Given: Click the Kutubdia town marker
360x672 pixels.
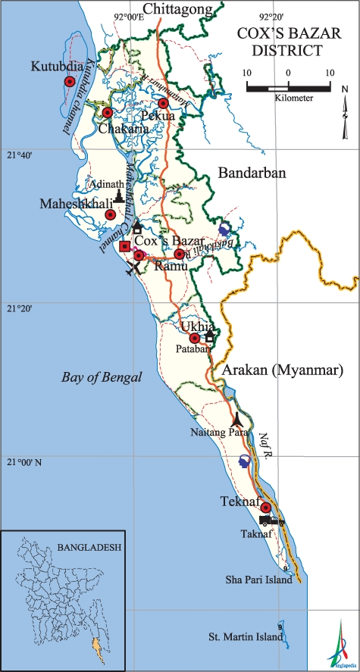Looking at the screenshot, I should click(x=69, y=82).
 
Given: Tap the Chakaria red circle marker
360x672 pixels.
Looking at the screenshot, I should click(x=107, y=113).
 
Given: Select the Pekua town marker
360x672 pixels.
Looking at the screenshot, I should click(x=163, y=104).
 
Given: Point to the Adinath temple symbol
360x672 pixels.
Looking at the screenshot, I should click(x=118, y=195).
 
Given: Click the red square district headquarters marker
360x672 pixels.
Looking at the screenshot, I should click(x=125, y=245).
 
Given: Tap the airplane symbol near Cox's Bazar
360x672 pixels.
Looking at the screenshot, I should click(x=134, y=268).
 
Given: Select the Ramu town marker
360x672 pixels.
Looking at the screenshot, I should click(x=179, y=255).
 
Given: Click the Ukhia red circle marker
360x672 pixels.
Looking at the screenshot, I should click(x=194, y=338).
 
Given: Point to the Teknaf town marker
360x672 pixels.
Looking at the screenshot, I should click(x=265, y=508).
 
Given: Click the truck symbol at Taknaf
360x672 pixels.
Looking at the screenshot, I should click(x=271, y=520).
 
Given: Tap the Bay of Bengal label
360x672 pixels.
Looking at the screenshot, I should click(x=101, y=377).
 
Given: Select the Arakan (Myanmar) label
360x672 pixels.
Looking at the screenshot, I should click(x=284, y=371).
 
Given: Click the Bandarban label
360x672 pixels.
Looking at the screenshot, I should click(x=252, y=173).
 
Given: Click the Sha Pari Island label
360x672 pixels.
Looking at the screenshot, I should click(x=258, y=579).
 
